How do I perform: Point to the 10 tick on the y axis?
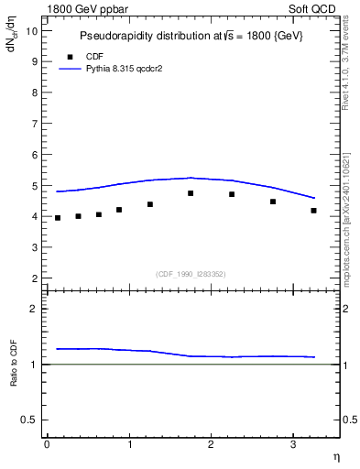click(x=31, y=30)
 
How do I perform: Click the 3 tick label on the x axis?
click(x=291, y=444)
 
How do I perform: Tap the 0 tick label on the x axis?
click(x=47, y=444)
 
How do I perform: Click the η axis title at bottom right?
click(x=336, y=456)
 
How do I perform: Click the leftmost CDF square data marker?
click(x=58, y=218)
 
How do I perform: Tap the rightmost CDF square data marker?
click(x=313, y=211)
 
